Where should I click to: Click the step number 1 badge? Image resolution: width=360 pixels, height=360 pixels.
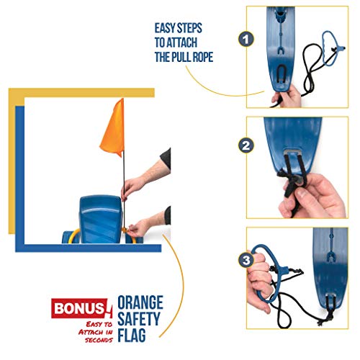point(246,40)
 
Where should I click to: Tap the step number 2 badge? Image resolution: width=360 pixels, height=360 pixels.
point(246,145)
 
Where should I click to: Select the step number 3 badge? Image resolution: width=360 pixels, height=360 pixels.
point(246,260)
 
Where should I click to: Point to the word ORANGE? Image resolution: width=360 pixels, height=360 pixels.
point(140,302)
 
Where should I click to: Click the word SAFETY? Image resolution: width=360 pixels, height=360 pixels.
point(139,319)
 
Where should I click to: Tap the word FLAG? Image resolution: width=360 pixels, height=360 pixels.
point(132,335)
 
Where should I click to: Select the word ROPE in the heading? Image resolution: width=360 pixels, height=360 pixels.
point(201,57)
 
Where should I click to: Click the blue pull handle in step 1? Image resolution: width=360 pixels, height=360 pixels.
point(331,48)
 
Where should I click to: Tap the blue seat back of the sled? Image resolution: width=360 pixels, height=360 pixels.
point(100,218)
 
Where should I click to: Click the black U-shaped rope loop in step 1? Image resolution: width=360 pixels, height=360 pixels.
point(282,75)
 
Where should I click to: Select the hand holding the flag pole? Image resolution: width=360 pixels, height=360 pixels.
point(131,189)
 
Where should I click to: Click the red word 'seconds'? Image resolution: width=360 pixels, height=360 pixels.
point(99,340)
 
